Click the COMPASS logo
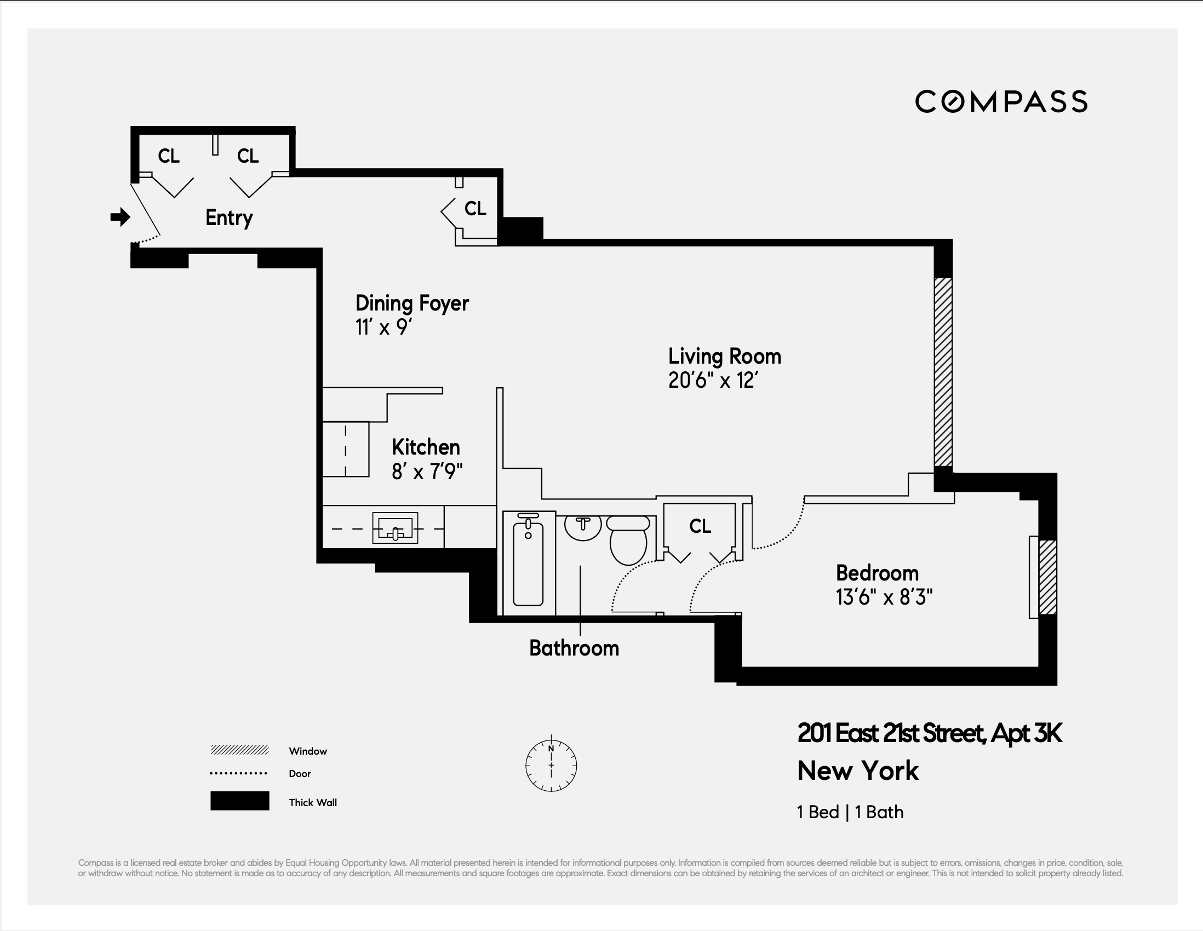click(x=1001, y=102)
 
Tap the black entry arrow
click(x=120, y=217)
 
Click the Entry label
click(x=228, y=218)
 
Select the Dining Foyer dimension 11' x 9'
click(x=384, y=327)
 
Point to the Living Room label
click(x=724, y=356)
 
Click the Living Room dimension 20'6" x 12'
click(x=713, y=381)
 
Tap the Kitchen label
click(x=425, y=447)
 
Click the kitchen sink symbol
click(x=395, y=528)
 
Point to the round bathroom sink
click(x=583, y=527)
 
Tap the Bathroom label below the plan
click(x=574, y=648)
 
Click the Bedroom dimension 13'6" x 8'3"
click(x=884, y=597)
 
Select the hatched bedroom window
click(x=1047, y=577)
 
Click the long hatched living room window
click(x=943, y=372)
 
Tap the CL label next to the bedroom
click(x=700, y=526)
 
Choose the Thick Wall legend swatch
click(x=239, y=801)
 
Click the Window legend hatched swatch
click(x=239, y=750)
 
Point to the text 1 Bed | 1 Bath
click(x=850, y=812)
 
